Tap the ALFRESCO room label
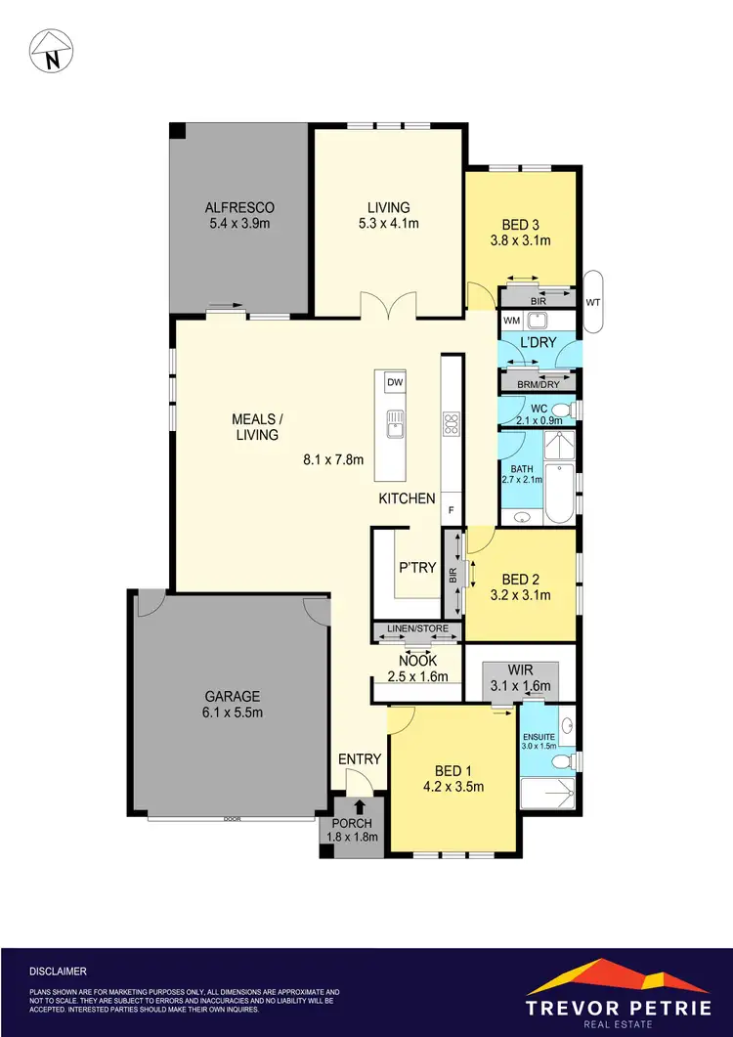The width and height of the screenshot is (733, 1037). pyautogui.click(x=239, y=207)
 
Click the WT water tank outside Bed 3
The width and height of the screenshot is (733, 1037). pyautogui.click(x=593, y=303)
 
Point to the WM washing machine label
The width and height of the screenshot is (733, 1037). pyautogui.click(x=511, y=321)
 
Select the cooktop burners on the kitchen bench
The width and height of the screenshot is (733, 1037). pyautogui.click(x=451, y=424)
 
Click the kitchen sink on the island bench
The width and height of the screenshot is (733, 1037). pyautogui.click(x=395, y=424)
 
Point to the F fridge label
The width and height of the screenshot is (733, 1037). pyautogui.click(x=451, y=509)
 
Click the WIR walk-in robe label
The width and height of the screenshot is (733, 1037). pyautogui.click(x=520, y=670)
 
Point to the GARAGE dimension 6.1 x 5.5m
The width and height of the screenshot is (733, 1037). pyautogui.click(x=232, y=713)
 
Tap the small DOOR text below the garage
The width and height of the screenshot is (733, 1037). pyautogui.click(x=231, y=819)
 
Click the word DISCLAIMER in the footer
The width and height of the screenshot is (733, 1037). pyautogui.click(x=58, y=972)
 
